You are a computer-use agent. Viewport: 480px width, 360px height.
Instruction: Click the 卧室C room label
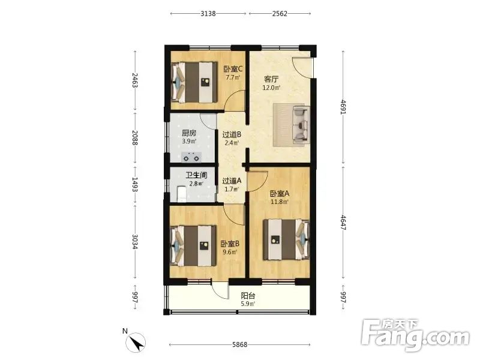(x=233, y=69)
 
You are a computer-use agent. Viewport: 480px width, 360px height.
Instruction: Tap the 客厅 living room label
(x=271, y=79)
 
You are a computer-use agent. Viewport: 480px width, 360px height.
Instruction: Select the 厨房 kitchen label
(x=189, y=133)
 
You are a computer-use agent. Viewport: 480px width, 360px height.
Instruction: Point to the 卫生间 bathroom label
(x=196, y=175)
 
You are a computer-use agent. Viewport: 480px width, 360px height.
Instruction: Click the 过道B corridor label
(x=232, y=134)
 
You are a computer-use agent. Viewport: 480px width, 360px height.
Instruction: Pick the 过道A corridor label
(x=232, y=181)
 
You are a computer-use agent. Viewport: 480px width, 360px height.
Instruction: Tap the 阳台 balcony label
(x=248, y=296)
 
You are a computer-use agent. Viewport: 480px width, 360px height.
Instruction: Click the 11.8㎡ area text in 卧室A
(x=280, y=202)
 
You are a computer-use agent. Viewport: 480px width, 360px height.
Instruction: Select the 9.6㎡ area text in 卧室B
(x=230, y=252)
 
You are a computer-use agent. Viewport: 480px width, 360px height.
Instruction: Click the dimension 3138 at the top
(x=208, y=13)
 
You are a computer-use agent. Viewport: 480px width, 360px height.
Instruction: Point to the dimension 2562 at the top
(x=280, y=13)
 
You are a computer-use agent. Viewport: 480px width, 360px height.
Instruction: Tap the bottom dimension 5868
(x=239, y=344)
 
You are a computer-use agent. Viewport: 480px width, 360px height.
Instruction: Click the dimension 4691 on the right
(x=343, y=107)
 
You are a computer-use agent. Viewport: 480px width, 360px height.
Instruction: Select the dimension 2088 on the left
(x=135, y=138)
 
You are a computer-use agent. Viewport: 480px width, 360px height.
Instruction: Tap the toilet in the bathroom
(x=182, y=194)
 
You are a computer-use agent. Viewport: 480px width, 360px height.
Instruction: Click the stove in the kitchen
(x=191, y=157)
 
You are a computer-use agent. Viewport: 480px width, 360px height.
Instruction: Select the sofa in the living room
(x=301, y=124)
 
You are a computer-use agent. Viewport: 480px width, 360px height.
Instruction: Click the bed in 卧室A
(x=287, y=239)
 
